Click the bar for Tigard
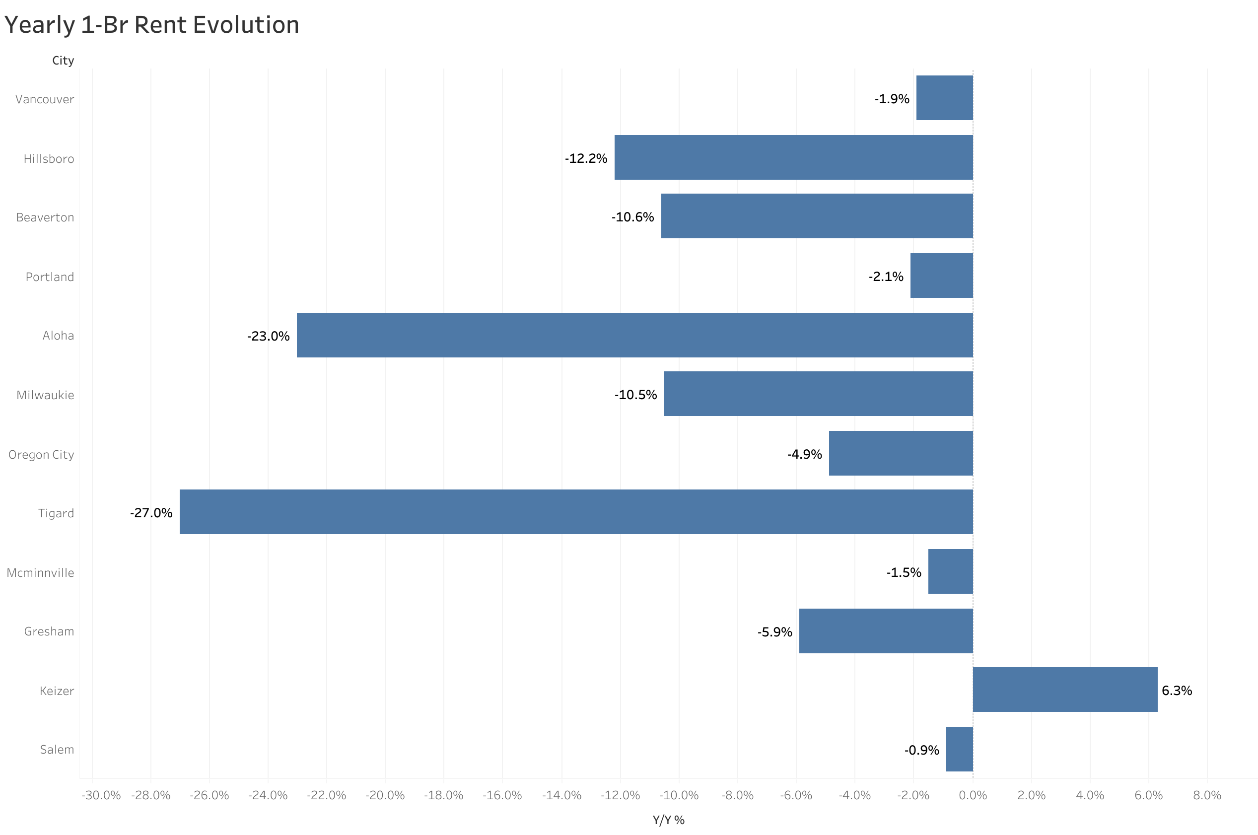[576, 512]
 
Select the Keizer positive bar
[1065, 690]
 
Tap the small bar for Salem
[959, 749]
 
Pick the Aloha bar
[634, 335]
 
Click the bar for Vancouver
[944, 98]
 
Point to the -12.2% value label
[586, 158]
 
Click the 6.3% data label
[1177, 690]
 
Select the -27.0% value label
[151, 513]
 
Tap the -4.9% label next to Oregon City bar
[804, 454]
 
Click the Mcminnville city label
[40, 572]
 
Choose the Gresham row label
[49, 631]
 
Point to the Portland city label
[50, 277]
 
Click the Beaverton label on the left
[45, 217]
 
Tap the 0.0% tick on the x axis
[973, 795]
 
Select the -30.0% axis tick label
[101, 795]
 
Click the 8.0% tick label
[1207, 795]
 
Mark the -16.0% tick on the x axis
[502, 795]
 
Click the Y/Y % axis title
[668, 820]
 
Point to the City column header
[63, 61]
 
